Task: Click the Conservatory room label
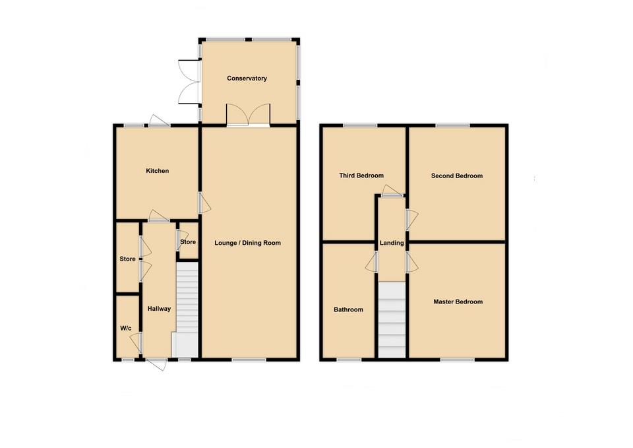247,79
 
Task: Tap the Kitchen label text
158,171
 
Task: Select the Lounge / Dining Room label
248,243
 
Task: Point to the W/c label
125,329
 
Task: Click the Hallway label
159,308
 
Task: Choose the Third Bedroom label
361,176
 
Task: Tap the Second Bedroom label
457,176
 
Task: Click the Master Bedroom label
458,302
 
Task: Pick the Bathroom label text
348,309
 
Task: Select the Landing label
392,243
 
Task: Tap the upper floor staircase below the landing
392,319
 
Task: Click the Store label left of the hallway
127,259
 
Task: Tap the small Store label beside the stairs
188,241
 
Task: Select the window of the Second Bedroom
452,125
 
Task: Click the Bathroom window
349,360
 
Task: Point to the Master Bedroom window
458,360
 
